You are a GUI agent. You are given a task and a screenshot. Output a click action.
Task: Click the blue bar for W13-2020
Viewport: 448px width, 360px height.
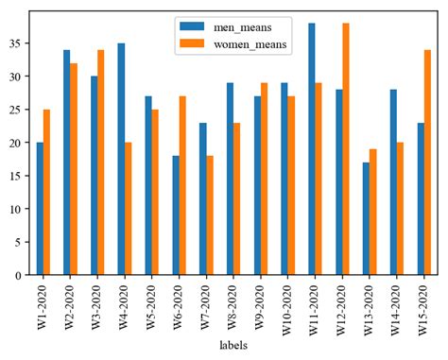(366, 218)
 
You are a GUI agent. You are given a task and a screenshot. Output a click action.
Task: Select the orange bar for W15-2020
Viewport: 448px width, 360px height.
(427, 163)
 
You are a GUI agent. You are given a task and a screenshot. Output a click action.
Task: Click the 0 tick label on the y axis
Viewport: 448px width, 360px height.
(20, 275)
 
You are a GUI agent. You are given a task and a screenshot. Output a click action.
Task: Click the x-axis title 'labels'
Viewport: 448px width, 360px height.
(233, 346)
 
